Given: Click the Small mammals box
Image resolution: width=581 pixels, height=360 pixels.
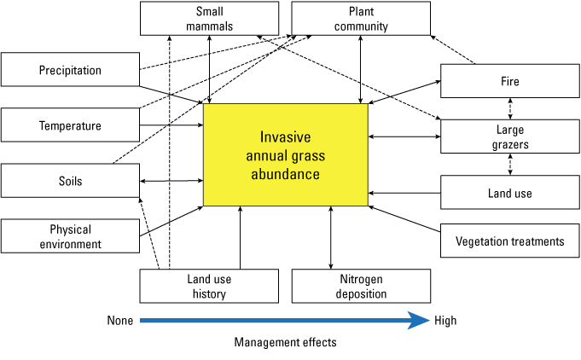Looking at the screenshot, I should coord(209,18).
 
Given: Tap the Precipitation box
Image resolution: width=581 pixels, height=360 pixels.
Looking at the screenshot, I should coord(69,70).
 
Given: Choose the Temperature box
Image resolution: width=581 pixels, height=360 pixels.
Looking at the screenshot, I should coord(69,125).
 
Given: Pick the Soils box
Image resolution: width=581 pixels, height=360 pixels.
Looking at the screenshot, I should coord(69,182).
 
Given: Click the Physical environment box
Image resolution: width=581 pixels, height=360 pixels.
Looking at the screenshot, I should coord(69,236).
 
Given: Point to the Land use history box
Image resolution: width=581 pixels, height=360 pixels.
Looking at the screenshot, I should coord(209,286).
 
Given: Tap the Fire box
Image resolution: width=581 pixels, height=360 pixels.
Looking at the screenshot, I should coord(510,82).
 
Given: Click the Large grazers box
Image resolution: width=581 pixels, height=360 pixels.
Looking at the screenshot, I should coord(510,136).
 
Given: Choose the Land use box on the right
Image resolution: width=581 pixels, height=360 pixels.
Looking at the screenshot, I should coord(510,193).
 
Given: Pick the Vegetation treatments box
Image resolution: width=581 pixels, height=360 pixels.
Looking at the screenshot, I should coord(510,241).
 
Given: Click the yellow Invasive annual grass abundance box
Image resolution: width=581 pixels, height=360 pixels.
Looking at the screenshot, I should coord(285,154).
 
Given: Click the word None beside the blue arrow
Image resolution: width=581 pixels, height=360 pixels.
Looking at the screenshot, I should coord(120,321).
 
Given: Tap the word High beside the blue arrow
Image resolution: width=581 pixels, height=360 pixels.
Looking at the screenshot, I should coord(445,321).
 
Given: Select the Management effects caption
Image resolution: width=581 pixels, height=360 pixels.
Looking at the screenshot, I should coord(285,343).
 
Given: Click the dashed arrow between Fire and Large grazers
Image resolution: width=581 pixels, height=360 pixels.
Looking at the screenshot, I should coord(510,109).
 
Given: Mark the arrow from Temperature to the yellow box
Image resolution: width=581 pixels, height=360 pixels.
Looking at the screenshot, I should coord(171,125).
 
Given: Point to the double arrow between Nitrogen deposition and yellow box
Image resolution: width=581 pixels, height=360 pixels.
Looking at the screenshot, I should coord(331,237).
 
